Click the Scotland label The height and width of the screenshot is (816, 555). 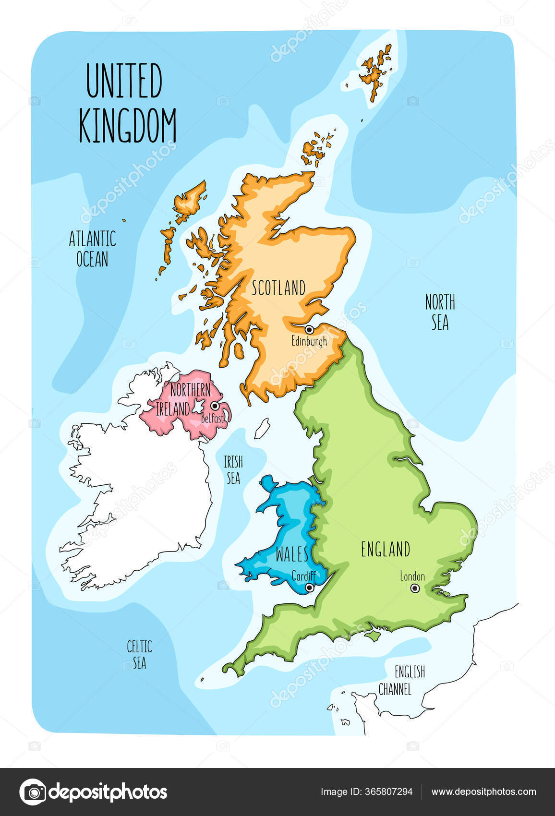278,288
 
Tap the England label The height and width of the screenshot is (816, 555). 386,550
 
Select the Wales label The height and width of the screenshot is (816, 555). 292,554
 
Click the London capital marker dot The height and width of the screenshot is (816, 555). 415,588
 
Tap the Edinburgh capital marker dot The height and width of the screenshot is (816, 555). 310,330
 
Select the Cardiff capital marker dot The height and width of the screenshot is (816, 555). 310,588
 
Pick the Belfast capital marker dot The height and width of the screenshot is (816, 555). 215,406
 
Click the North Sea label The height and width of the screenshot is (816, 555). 440,312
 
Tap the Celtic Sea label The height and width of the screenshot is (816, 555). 139,654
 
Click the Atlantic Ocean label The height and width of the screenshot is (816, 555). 93,249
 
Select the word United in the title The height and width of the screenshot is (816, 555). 124,81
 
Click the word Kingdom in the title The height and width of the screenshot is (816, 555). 128,126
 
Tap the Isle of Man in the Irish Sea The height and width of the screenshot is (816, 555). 262,429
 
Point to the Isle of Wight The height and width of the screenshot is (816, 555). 372,636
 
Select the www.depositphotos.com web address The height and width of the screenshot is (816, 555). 483,792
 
